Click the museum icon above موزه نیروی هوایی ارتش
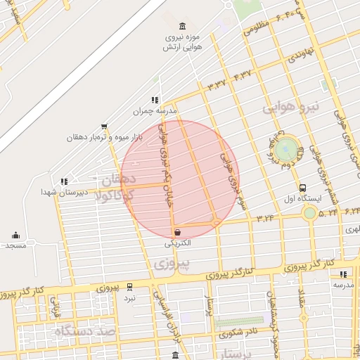184,26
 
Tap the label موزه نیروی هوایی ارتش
184,41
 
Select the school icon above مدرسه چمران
155,100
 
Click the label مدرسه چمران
155,111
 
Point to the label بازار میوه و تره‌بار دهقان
105,137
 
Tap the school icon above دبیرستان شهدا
65,181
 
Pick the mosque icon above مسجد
15,236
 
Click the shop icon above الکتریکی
177,232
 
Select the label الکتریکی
177,243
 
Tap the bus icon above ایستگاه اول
302,188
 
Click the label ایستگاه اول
302,199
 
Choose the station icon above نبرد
129,287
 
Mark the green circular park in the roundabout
285,150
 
